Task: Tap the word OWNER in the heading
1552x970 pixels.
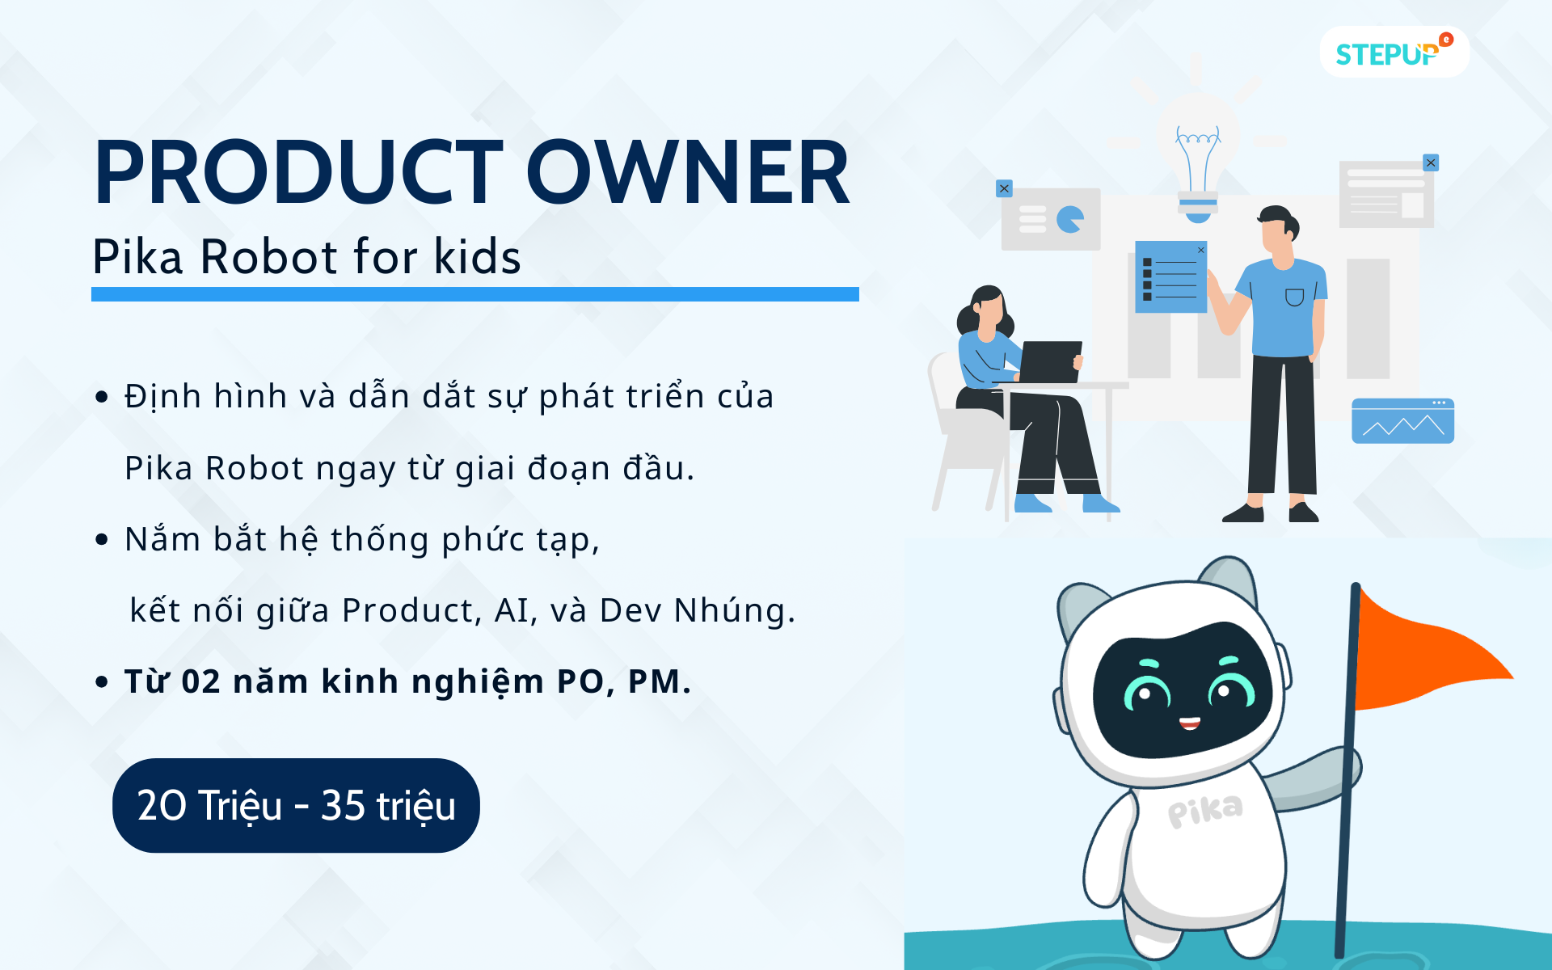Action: pos(688,172)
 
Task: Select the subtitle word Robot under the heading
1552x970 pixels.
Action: pos(268,257)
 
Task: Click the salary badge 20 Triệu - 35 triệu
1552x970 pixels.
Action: pos(296,805)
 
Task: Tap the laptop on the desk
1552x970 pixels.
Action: pos(1050,361)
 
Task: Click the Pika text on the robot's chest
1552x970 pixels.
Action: pos(1204,811)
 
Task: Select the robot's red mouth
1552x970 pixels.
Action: pos(1189,722)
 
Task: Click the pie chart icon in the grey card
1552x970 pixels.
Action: pos(1070,219)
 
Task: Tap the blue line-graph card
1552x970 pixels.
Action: pos(1402,421)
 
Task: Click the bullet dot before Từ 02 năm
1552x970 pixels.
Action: pos(102,682)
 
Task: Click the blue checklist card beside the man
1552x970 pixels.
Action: pos(1170,276)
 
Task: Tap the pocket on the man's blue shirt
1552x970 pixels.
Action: pos(1294,297)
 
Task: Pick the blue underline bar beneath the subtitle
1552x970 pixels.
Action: pos(475,294)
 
